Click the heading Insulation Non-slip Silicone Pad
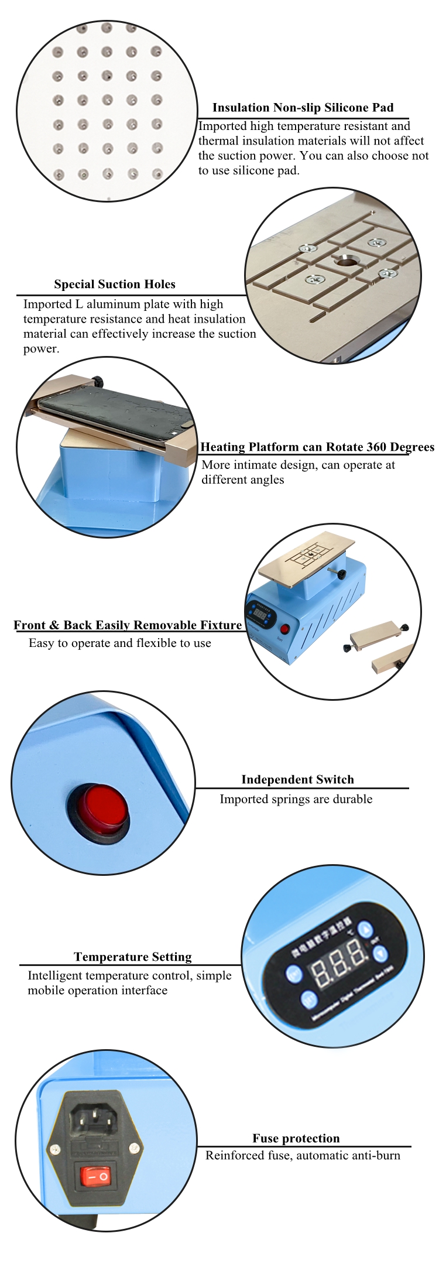tap(303, 108)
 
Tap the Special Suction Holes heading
tap(115, 285)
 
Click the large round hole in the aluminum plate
tap(346, 262)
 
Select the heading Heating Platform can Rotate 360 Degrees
tap(317, 447)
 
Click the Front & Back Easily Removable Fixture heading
tap(128, 625)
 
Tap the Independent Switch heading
tap(297, 780)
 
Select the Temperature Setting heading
tap(133, 957)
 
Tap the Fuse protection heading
tap(296, 1138)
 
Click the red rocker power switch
tap(95, 1176)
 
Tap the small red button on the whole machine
tap(285, 629)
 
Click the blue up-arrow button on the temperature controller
tap(365, 930)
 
